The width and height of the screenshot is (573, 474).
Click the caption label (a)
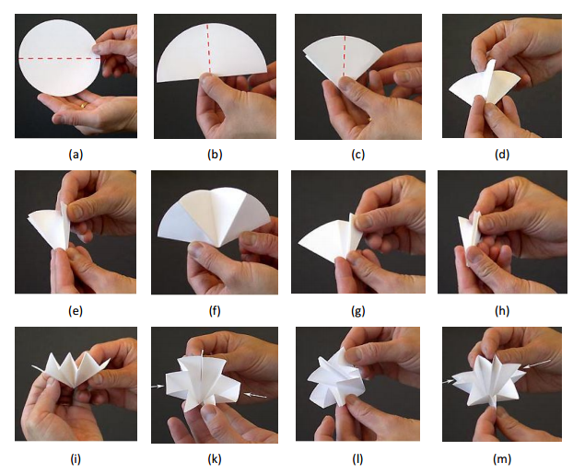[x=76, y=155]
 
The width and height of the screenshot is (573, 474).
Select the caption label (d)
[x=502, y=155]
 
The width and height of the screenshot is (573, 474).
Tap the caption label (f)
[x=215, y=311]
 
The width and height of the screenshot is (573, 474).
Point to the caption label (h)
[x=502, y=311]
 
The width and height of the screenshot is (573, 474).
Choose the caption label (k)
[x=215, y=458]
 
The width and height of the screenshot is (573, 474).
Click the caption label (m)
[x=502, y=458]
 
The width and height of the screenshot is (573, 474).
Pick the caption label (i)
[x=76, y=458]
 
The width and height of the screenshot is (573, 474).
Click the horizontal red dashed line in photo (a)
[x=60, y=58]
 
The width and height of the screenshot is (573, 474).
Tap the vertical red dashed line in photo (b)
[x=209, y=48]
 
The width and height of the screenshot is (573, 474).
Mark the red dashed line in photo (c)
[x=344, y=56]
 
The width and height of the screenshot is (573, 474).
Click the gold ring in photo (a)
[x=84, y=105]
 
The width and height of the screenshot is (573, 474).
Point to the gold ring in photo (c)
[x=370, y=119]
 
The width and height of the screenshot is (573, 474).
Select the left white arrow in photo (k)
[x=158, y=387]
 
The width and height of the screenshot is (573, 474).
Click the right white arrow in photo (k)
[x=256, y=395]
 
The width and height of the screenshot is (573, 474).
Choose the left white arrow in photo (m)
[x=449, y=382]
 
